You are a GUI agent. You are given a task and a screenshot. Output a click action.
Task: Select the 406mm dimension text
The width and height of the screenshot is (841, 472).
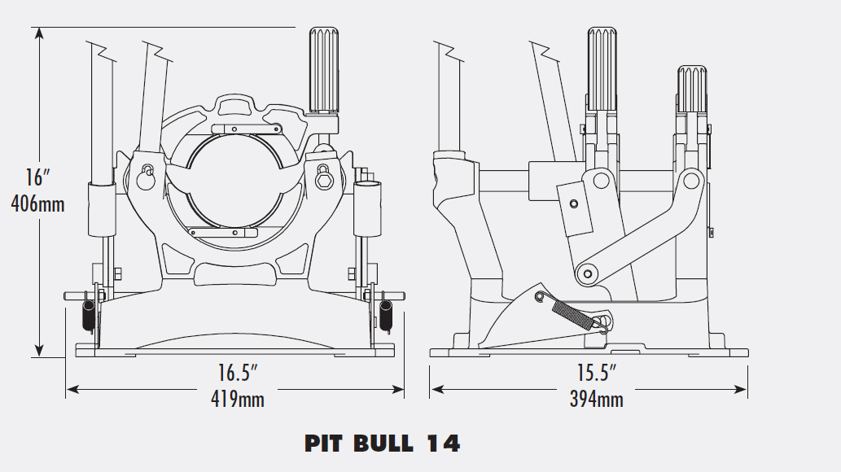(37, 203)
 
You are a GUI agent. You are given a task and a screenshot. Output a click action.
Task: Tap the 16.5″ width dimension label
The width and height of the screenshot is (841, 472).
(237, 374)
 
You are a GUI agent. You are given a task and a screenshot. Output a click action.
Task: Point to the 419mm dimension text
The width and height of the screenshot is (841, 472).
(235, 399)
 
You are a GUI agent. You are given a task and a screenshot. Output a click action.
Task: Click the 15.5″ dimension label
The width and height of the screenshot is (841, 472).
(596, 374)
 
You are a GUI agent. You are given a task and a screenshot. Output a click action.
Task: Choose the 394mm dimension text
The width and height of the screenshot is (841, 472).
(596, 399)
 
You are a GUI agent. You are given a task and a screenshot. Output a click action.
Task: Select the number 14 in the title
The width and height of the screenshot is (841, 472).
(443, 444)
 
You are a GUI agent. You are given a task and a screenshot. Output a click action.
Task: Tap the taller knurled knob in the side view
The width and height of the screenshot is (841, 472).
(602, 68)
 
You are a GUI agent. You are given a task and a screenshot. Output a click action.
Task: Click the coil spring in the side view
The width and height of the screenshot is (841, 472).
(575, 312)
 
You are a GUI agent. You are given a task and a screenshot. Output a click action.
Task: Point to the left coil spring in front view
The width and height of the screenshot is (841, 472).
(86, 314)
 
